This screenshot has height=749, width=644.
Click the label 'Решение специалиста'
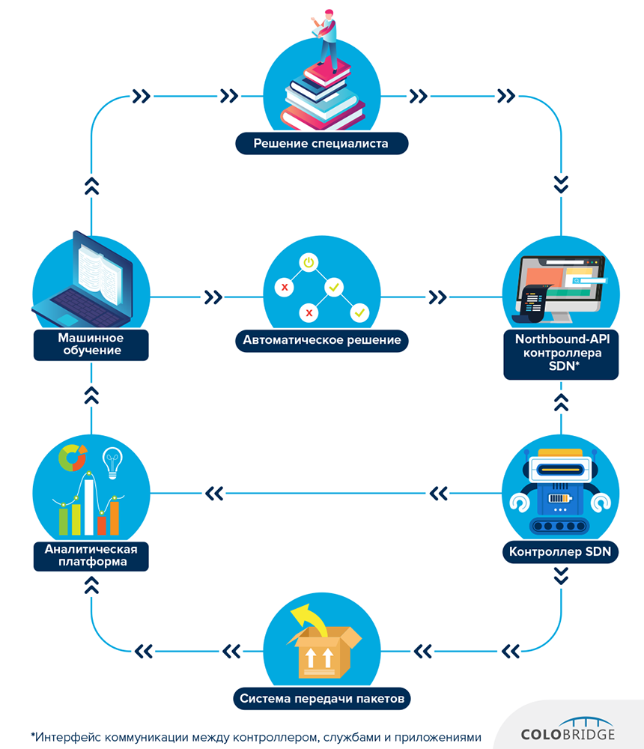click(321, 143)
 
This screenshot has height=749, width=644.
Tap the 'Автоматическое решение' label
click(322, 341)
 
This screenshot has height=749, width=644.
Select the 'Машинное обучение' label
click(90, 345)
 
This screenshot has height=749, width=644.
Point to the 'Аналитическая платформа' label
click(91, 555)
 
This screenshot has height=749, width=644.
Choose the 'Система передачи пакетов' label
click(322, 700)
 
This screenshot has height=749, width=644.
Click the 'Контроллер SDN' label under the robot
click(560, 554)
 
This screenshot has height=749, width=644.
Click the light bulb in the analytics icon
click(112, 461)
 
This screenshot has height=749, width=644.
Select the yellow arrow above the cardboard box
click(309, 619)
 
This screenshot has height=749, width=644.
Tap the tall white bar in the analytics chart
click(89, 506)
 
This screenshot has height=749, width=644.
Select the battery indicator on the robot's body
click(560, 498)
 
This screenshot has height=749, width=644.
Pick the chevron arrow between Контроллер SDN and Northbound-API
click(561, 402)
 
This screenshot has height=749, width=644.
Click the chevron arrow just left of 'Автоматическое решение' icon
click(213, 297)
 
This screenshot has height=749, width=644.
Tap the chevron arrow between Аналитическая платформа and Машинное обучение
click(91, 395)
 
